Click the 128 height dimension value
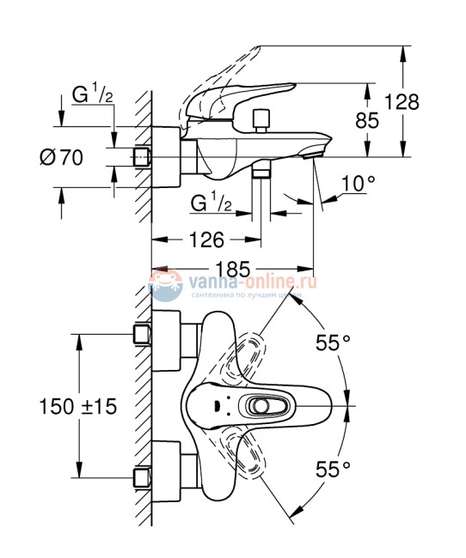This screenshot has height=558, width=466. click(x=402, y=102)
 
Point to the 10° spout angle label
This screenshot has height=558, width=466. click(x=359, y=183)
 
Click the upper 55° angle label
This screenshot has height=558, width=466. click(x=333, y=343)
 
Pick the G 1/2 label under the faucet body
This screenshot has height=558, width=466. click(x=211, y=203)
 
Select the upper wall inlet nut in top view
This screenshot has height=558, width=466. click(x=144, y=333)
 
